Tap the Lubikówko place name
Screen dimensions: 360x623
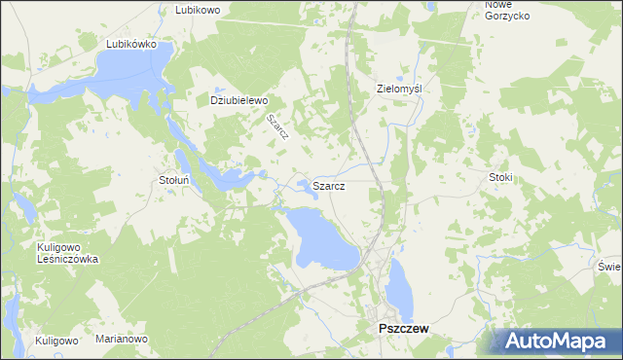[x=131, y=44]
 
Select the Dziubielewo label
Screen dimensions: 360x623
[x=238, y=99]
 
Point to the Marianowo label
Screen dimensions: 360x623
[x=121, y=340]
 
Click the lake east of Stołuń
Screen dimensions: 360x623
[x=234, y=179]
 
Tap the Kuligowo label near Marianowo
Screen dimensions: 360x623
[x=56, y=341]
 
